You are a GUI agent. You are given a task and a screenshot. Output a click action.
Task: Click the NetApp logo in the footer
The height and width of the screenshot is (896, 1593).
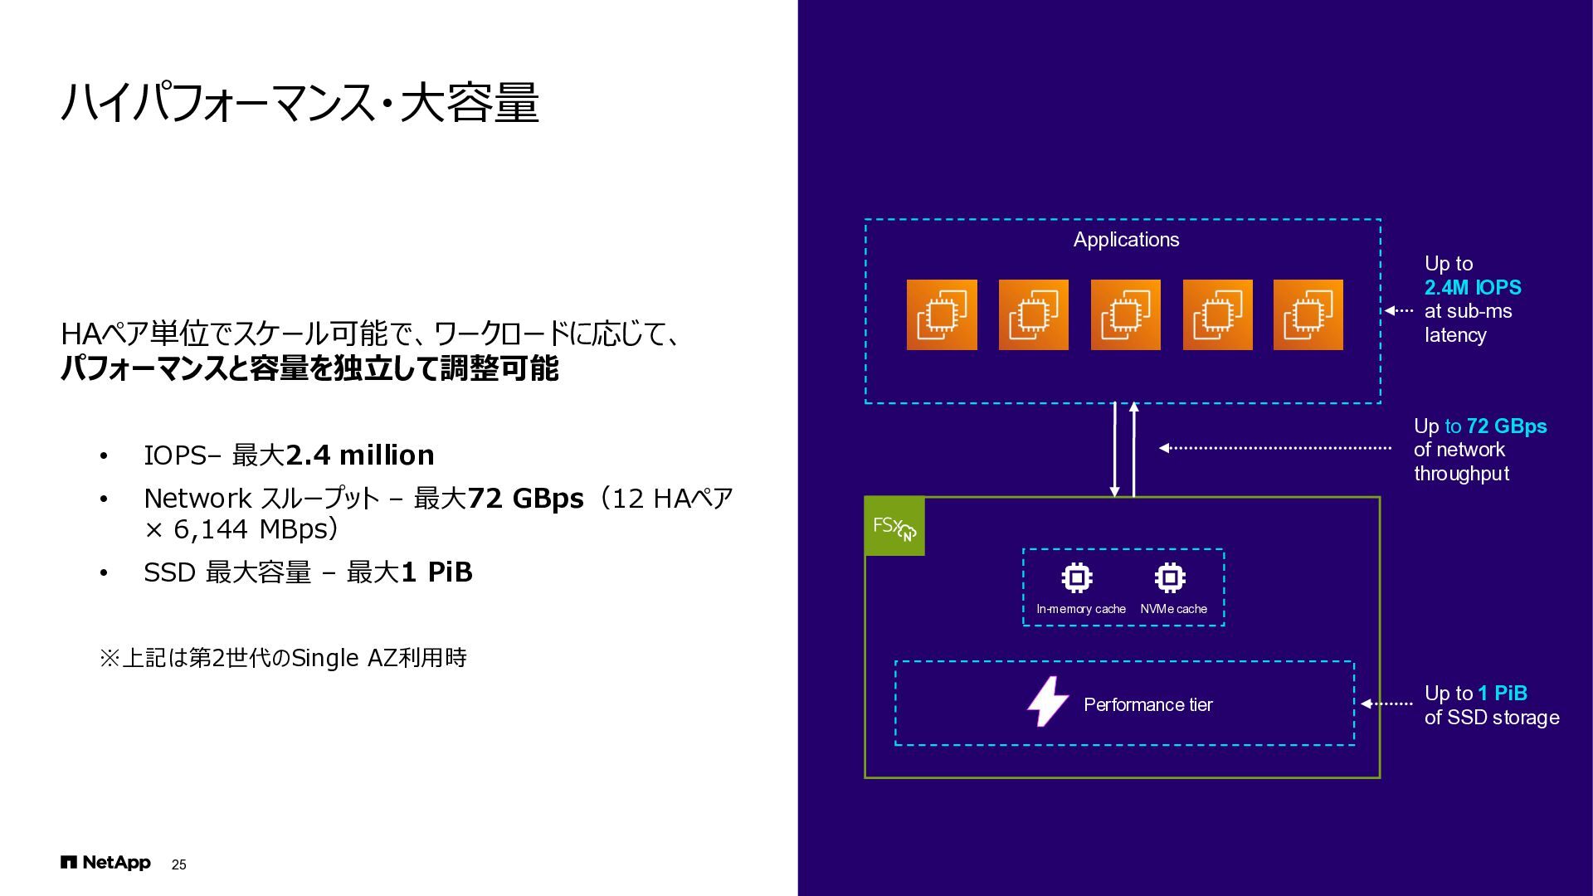click(105, 863)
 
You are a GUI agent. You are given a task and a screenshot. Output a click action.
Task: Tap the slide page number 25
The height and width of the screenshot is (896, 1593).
click(178, 864)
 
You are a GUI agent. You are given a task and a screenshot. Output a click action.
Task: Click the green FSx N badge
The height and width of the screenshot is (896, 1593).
click(894, 526)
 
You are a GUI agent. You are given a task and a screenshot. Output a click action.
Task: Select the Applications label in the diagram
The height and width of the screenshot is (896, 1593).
click(1125, 240)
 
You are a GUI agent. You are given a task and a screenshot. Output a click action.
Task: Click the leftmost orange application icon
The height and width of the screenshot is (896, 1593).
click(942, 314)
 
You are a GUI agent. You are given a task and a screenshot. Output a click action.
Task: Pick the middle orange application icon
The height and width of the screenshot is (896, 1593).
click(1125, 314)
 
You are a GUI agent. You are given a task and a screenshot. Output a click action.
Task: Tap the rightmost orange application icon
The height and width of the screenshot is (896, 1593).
click(1308, 314)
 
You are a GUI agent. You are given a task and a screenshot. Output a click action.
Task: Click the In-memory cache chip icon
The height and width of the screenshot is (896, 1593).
click(1077, 577)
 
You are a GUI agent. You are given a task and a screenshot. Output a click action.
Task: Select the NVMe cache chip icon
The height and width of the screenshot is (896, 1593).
click(1170, 577)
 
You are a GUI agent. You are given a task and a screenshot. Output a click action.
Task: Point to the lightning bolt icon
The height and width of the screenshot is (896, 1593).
click(1048, 702)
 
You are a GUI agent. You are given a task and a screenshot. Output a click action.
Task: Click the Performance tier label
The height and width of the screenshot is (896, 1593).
click(1147, 705)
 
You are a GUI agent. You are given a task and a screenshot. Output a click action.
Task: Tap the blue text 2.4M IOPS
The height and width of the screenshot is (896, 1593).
click(1473, 288)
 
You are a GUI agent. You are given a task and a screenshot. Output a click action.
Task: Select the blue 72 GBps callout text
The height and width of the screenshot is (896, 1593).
click(1506, 426)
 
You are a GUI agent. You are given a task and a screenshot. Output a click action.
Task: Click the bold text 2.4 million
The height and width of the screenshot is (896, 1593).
click(359, 455)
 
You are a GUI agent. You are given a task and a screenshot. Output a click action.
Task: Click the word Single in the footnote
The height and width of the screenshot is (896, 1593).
click(325, 658)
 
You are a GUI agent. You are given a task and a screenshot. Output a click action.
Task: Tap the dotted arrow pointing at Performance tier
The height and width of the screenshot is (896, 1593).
click(1386, 704)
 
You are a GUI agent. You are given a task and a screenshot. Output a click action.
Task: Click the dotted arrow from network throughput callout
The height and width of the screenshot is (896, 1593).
click(1274, 448)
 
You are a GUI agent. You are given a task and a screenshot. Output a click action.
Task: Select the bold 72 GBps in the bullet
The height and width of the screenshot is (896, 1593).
click(525, 499)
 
